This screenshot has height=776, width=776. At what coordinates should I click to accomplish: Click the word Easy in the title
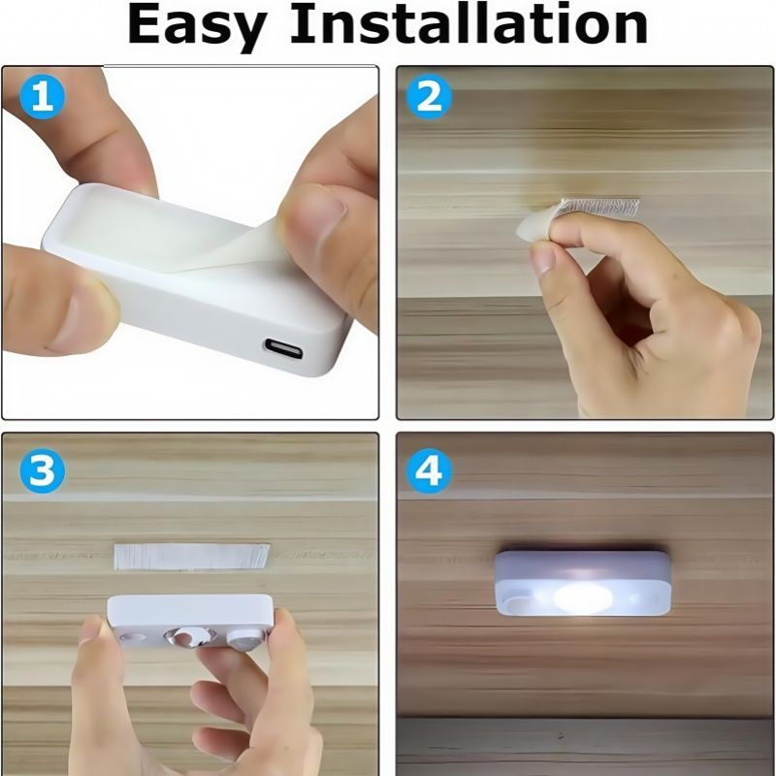click(197, 26)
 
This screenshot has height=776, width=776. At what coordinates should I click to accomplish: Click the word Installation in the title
click(469, 23)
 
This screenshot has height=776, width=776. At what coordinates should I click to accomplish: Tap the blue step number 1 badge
click(42, 96)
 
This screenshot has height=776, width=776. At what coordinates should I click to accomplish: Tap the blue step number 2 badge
click(429, 96)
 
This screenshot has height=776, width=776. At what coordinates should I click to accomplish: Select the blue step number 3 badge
click(42, 470)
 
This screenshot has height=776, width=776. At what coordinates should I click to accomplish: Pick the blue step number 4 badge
click(429, 470)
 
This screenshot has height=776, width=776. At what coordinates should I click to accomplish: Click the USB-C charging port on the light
click(283, 349)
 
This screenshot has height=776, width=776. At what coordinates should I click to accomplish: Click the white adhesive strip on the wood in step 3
click(192, 557)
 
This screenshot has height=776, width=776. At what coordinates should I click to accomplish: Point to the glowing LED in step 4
click(583, 598)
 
